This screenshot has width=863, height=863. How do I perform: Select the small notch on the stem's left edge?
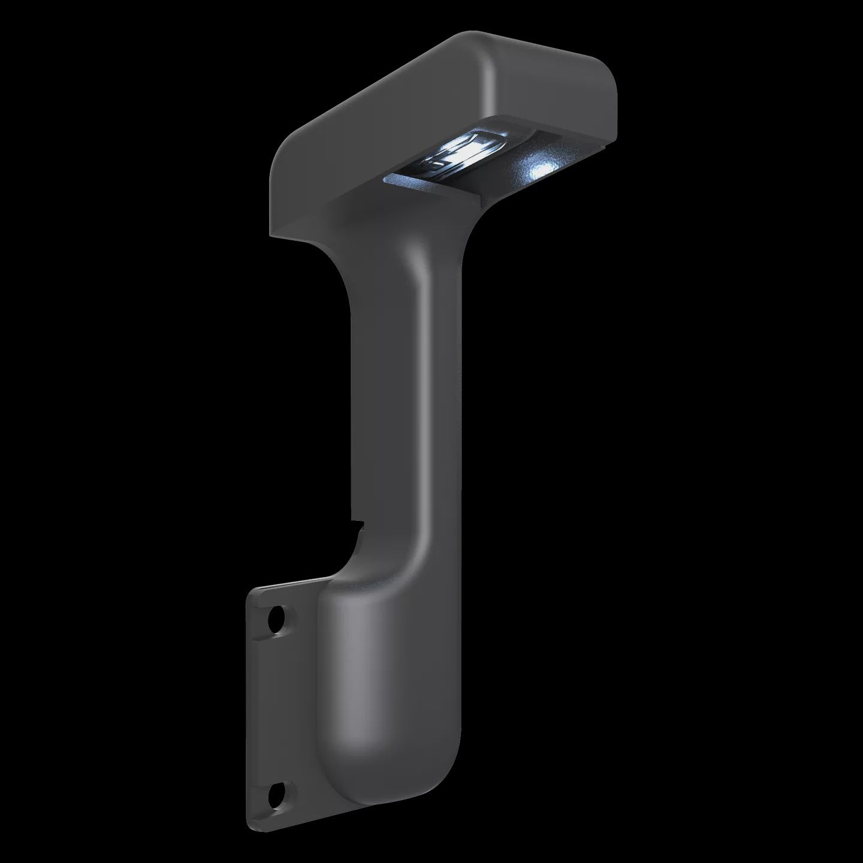358,526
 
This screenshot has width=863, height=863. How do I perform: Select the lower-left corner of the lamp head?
273,231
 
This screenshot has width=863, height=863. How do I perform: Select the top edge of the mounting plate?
288,584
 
